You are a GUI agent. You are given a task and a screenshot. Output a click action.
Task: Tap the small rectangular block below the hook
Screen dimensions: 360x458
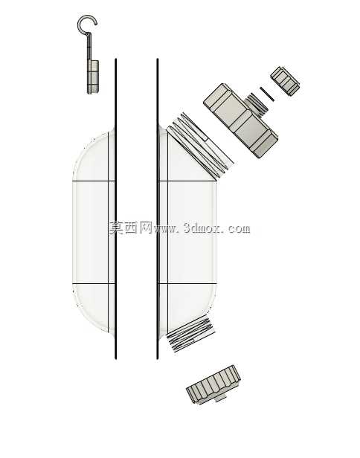(93, 77)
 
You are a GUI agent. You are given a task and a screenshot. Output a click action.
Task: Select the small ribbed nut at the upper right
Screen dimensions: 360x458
(285, 81)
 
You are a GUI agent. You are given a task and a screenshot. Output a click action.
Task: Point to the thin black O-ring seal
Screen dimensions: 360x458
(267, 94)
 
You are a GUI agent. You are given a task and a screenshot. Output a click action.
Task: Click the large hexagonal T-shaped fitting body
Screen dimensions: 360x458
(240, 120)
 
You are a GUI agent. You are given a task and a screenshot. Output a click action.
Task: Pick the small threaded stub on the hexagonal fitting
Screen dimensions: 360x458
(257, 104)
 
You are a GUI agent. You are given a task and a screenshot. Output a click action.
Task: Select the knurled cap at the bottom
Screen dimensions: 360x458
(213, 383)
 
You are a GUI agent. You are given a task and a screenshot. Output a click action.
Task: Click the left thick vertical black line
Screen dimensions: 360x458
(116, 209)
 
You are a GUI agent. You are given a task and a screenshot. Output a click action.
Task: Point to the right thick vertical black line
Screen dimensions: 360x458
(158, 209)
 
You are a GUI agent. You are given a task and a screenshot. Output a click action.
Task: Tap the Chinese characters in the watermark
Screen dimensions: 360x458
(131, 228)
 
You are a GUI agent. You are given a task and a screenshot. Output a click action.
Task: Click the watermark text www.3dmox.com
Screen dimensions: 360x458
(202, 228)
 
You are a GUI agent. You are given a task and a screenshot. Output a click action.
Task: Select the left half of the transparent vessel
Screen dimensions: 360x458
(94, 232)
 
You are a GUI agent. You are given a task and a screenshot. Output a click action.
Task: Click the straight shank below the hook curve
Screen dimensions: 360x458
(89, 46)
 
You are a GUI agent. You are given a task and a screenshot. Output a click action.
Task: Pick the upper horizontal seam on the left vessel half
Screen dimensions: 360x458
(94, 181)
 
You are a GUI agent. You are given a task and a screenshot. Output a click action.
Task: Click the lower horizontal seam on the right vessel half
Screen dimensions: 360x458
(187, 283)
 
